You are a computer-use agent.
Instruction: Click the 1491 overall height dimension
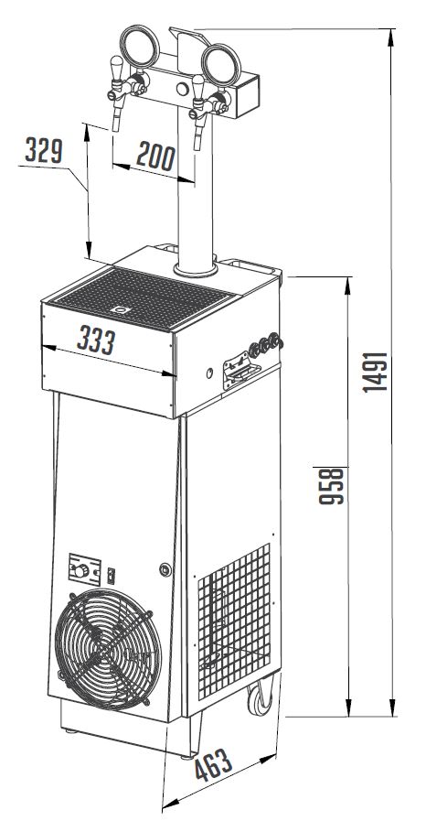pos(377,373)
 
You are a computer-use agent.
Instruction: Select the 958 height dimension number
pos(332,486)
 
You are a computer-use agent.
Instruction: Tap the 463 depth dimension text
pos(214,765)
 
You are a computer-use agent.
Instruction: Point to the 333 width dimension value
pos(96,340)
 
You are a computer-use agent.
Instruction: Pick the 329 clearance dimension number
pos(44,150)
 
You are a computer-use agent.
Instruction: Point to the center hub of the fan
pos(105,649)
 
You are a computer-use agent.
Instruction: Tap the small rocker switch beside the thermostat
pos(111,576)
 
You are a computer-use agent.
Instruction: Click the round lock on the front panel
pos(165,569)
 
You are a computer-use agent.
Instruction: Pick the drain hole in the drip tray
pos(122,310)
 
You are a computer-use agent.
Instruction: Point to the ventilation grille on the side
pos(234,622)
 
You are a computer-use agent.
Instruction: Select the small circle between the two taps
pos(183,89)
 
